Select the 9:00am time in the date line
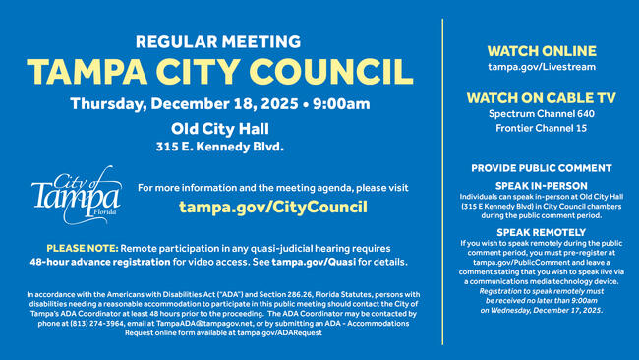tap(343, 104)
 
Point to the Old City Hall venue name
tap(219, 128)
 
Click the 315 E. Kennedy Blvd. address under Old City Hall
tap(219, 147)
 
